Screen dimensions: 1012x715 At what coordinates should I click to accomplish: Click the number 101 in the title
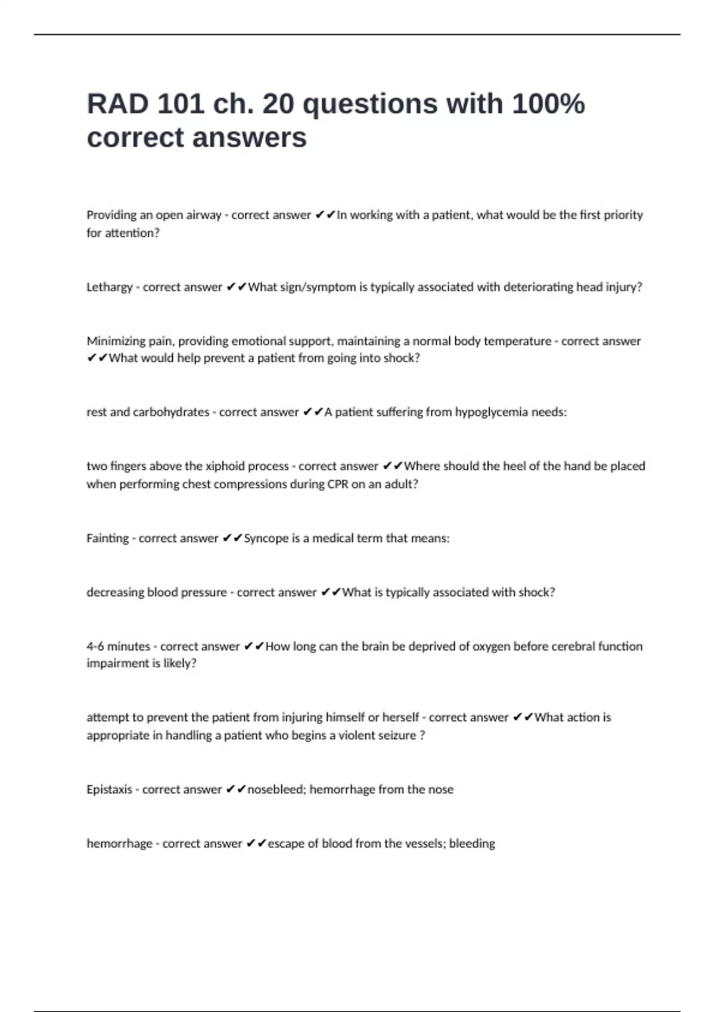179,104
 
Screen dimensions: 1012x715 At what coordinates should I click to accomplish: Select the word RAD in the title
117,104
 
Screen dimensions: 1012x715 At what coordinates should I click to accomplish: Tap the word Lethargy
109,288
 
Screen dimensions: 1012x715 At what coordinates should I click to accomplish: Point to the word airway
203,215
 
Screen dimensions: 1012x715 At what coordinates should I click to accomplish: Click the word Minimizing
116,341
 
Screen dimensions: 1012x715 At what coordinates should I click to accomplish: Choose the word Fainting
107,538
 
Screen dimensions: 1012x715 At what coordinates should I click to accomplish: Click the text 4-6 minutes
118,646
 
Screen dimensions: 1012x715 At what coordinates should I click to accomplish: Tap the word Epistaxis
109,789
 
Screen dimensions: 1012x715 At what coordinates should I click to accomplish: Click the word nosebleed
275,789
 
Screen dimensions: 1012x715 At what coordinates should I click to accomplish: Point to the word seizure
396,735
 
